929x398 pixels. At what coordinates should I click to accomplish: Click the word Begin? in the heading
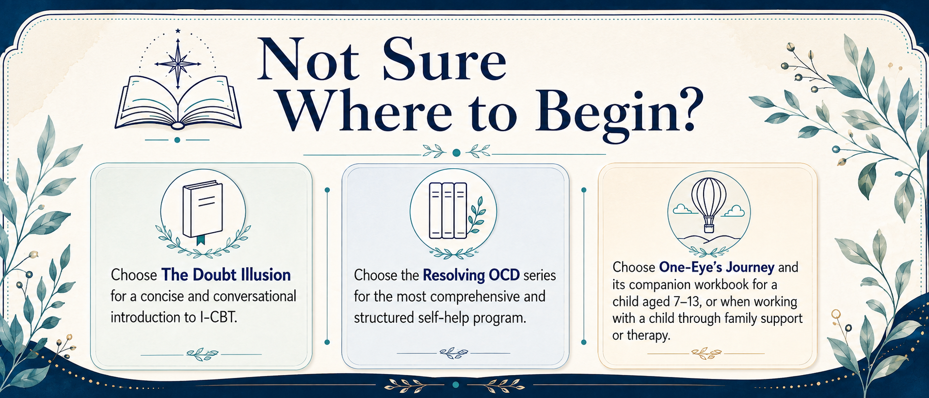coord(619,111)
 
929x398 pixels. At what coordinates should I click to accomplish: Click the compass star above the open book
coord(178,64)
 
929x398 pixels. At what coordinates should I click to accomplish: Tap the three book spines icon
coord(448,211)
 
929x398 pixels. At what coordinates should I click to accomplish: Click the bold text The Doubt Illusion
coord(226,275)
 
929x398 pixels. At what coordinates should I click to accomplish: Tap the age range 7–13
coord(687,302)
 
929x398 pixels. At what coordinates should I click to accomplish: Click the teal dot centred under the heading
coord(456,153)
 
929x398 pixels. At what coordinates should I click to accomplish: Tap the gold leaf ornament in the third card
coord(706,353)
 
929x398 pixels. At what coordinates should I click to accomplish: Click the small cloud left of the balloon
coord(682,209)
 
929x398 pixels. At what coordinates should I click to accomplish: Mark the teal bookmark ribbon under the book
coord(201,239)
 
